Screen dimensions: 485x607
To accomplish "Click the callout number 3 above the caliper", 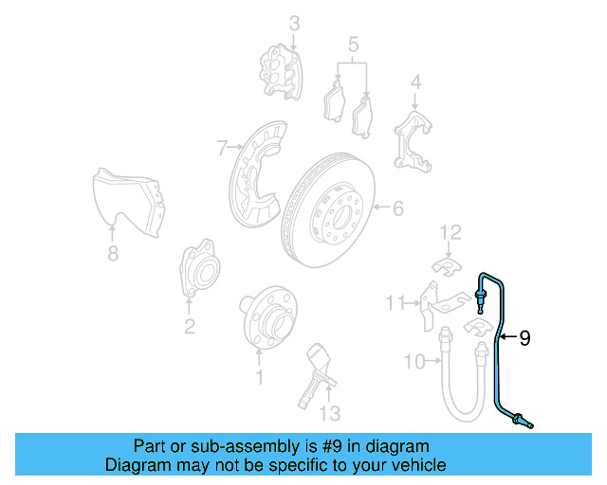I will [294, 23].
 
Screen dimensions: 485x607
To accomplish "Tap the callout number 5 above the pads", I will [353, 44].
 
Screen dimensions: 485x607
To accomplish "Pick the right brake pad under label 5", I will [363, 117].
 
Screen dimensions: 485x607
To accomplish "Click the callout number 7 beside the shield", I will [222, 148].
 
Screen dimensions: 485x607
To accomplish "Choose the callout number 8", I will [113, 253].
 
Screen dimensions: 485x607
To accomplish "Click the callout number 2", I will [190, 327].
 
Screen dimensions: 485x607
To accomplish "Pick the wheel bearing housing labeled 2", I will [197, 272].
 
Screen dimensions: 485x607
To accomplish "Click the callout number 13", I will [328, 413].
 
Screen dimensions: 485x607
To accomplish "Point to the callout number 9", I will [524, 336].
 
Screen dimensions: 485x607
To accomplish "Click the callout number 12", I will [450, 231].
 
